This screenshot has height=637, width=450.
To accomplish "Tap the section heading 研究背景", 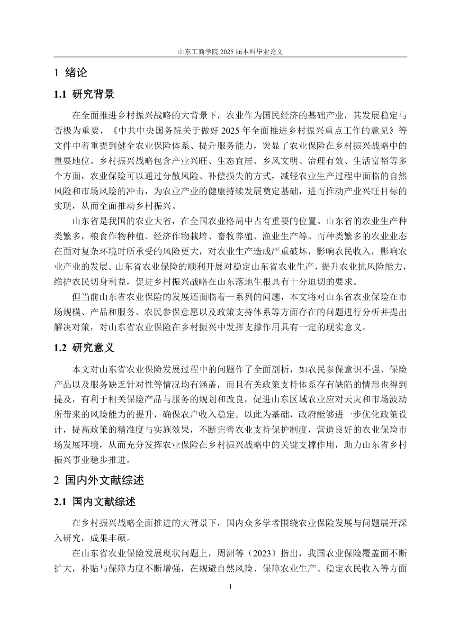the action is pos(93,94).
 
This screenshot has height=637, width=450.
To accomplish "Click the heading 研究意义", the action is pos(93,347).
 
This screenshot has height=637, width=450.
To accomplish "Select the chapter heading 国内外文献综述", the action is pos(104,480).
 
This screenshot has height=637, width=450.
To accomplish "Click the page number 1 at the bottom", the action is pos(230,587).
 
